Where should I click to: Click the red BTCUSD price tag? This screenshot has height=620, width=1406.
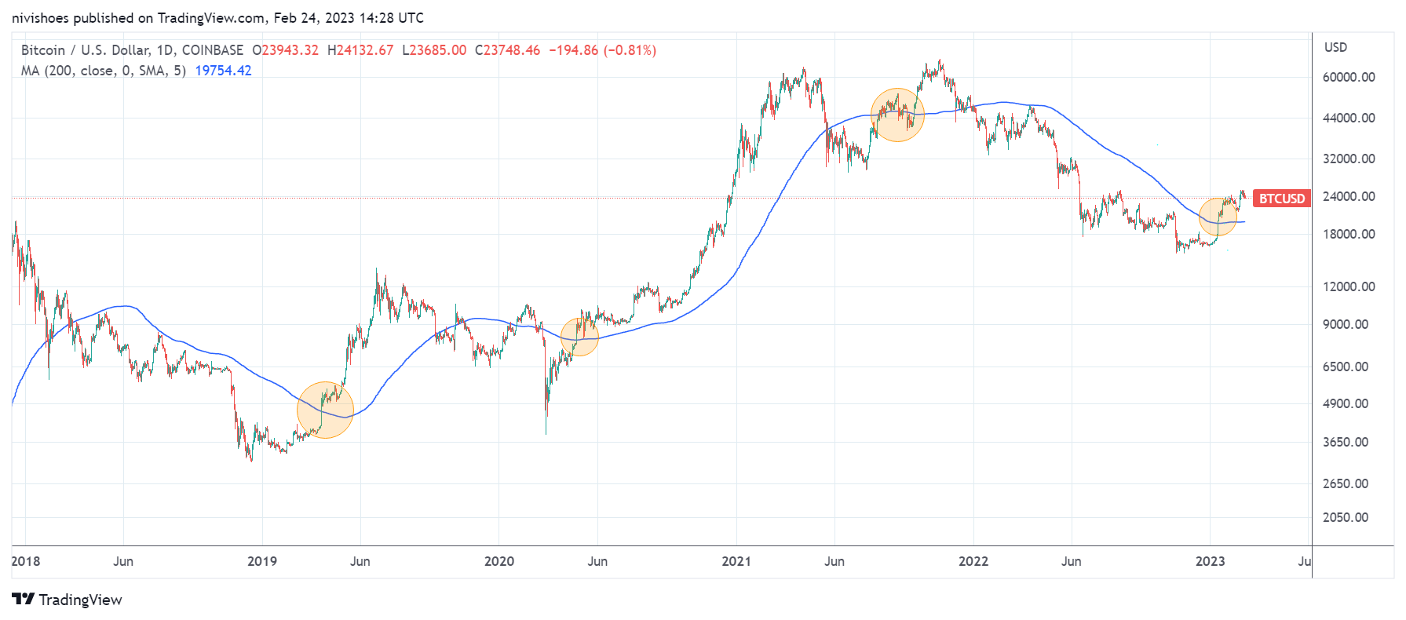tap(1281, 199)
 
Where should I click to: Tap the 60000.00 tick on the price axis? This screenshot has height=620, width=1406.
tap(1349, 77)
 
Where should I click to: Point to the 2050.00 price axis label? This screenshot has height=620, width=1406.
tap(1346, 517)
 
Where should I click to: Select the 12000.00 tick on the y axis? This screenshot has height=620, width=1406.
tap(1349, 286)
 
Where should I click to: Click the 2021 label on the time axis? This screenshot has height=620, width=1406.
tap(736, 561)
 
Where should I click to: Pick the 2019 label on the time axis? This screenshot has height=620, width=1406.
tap(261, 561)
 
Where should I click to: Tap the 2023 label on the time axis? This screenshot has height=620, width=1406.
tap(1210, 561)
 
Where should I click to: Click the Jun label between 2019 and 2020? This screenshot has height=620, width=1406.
tap(360, 561)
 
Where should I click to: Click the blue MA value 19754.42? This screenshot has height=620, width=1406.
tap(223, 71)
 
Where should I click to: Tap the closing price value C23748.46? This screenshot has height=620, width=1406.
tap(507, 50)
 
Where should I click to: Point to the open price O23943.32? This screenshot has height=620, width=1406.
tap(285, 50)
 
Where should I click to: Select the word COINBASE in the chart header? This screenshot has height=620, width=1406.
tap(213, 50)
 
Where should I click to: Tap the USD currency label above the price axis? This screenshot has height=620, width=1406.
tap(1335, 47)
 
